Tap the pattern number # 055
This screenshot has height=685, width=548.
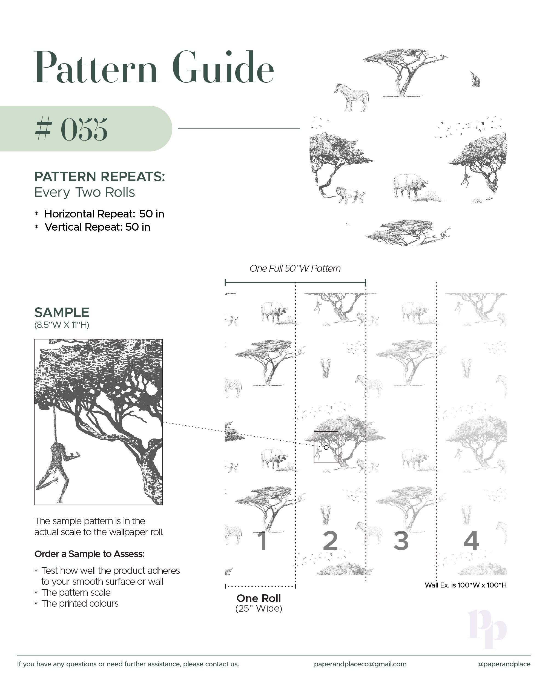tap(71, 129)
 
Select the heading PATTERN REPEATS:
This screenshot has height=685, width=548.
tap(100, 177)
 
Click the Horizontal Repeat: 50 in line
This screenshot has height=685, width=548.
tap(104, 214)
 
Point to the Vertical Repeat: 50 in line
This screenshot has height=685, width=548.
tap(97, 227)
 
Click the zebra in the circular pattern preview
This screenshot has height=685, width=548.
tap(352, 97)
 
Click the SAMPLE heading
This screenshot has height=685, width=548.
tap(62, 312)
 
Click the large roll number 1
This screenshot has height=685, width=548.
tap(262, 540)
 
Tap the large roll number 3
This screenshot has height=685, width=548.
tap(401, 540)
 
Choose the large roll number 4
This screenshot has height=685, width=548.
tap(471, 540)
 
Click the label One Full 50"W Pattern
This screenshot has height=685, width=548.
tap(295, 268)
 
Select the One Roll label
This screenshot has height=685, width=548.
tap(259, 598)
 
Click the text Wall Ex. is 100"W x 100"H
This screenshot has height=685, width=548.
tap(465, 585)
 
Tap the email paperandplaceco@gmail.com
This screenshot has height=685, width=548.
tap(360, 664)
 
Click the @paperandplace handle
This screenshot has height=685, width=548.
tap(504, 664)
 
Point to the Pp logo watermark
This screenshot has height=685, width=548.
tap(487, 629)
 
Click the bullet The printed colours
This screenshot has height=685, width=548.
tap(80, 604)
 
